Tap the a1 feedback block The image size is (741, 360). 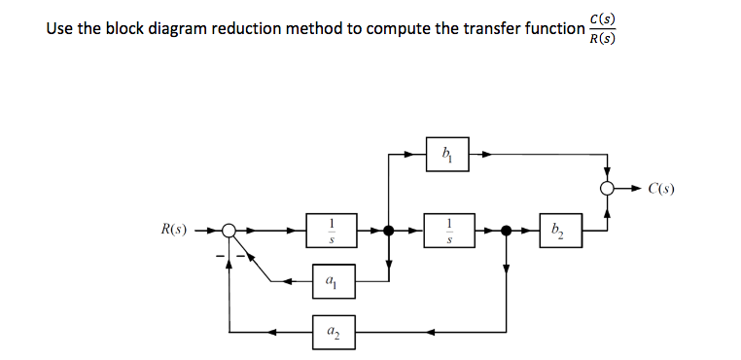pyautogui.click(x=334, y=282)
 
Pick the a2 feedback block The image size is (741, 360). pyautogui.click(x=334, y=331)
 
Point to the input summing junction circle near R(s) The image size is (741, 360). pyautogui.click(x=229, y=231)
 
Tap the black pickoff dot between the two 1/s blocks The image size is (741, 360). pyautogui.click(x=389, y=231)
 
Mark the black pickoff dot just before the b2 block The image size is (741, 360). pyautogui.click(x=506, y=231)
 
